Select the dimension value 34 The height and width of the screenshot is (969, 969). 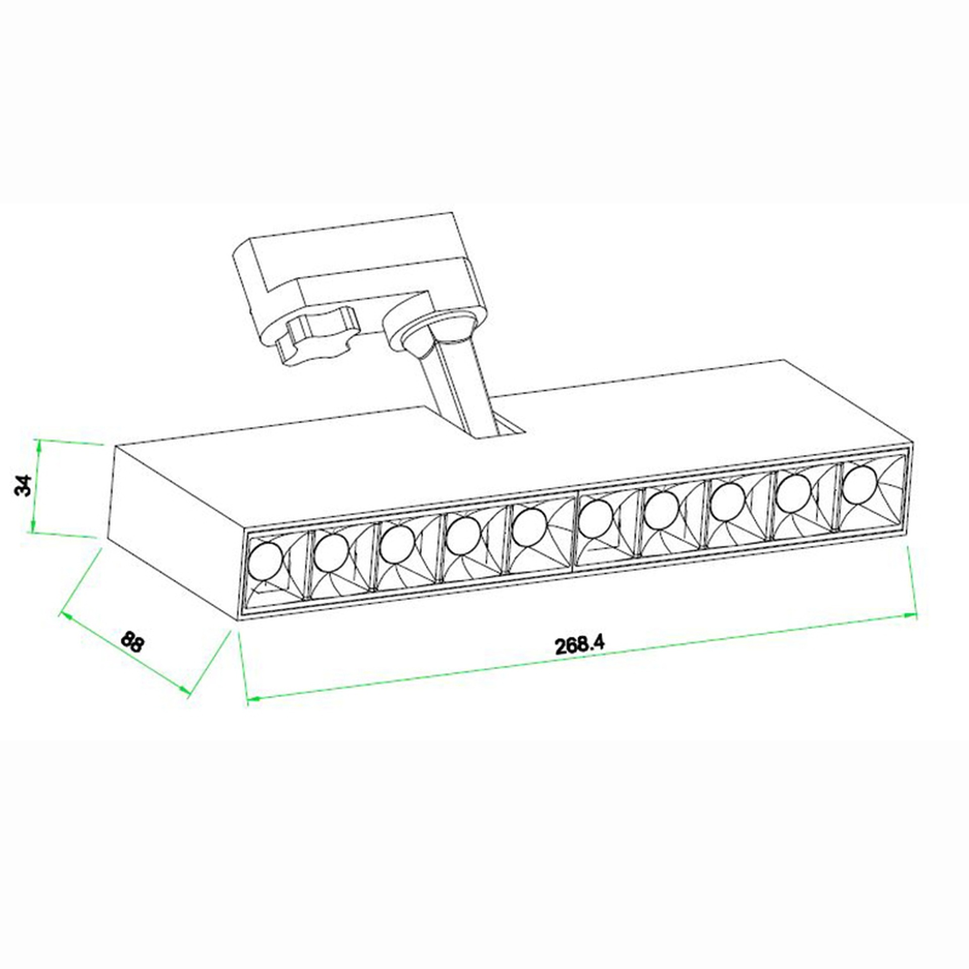[24, 485]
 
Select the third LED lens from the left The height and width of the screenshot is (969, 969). [397, 545]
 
